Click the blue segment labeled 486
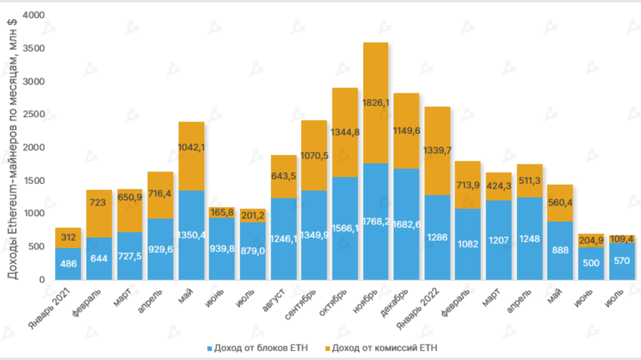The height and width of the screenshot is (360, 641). click(68, 264)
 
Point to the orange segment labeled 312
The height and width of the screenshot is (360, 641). click(68, 238)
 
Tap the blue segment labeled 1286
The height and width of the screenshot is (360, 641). click(437, 237)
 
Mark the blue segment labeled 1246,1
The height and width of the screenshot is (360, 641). click(284, 239)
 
